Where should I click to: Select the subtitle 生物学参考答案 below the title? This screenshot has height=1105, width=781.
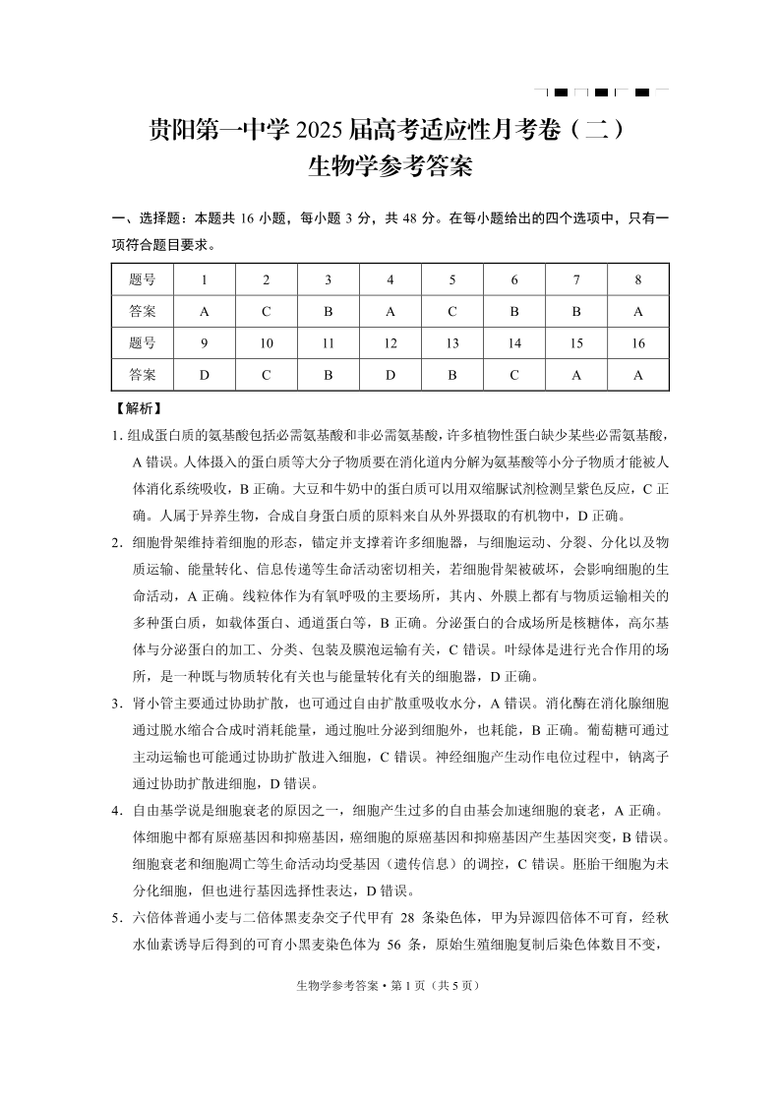click(390, 166)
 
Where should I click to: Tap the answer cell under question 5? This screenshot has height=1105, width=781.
click(452, 311)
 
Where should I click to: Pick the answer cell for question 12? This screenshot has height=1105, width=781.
click(390, 375)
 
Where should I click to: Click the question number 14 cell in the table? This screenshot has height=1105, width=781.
click(514, 343)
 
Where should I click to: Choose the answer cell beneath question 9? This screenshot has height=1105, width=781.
click(205, 375)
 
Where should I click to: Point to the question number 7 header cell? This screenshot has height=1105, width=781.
click(576, 279)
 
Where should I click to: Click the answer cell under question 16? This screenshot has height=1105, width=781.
click(638, 375)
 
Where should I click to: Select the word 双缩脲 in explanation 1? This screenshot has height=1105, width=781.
click(498, 489)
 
